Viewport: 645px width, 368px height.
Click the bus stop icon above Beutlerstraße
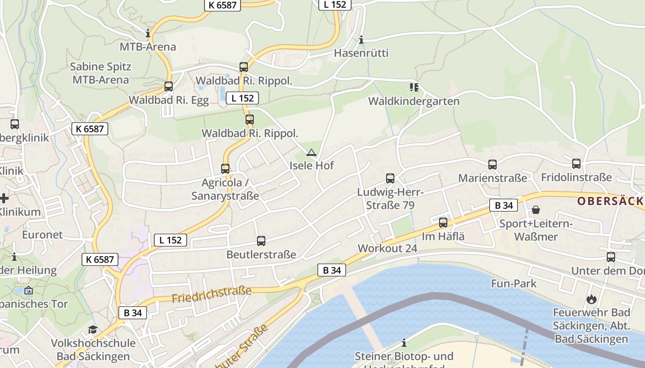tap(261, 241)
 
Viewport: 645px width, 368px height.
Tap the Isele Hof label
tap(311, 166)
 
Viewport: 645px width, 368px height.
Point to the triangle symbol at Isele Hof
tap(311, 153)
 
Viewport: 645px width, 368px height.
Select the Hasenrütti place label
tap(361, 53)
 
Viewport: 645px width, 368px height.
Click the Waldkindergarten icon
tap(414, 87)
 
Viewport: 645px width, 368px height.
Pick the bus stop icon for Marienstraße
tap(492, 164)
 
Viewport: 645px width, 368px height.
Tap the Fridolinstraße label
tap(576, 178)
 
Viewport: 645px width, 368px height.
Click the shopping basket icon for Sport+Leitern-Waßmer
tap(536, 210)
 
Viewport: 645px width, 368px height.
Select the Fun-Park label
tap(514, 283)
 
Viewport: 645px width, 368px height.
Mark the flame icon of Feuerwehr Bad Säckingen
tap(591, 299)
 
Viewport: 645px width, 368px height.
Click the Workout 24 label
tap(387, 248)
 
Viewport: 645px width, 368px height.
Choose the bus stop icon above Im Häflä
tap(443, 223)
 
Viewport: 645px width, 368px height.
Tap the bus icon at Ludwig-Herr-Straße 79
tap(390, 178)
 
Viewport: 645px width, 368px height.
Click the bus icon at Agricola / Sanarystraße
tap(225, 169)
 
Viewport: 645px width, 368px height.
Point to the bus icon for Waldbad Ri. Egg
tap(169, 86)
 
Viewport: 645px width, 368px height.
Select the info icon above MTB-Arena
tap(148, 34)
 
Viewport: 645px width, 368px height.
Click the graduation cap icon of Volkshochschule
tap(93, 329)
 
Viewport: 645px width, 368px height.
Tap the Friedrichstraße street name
tap(211, 294)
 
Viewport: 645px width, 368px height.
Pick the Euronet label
tap(42, 235)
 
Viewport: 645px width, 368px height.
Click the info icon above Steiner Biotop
tap(404, 343)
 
